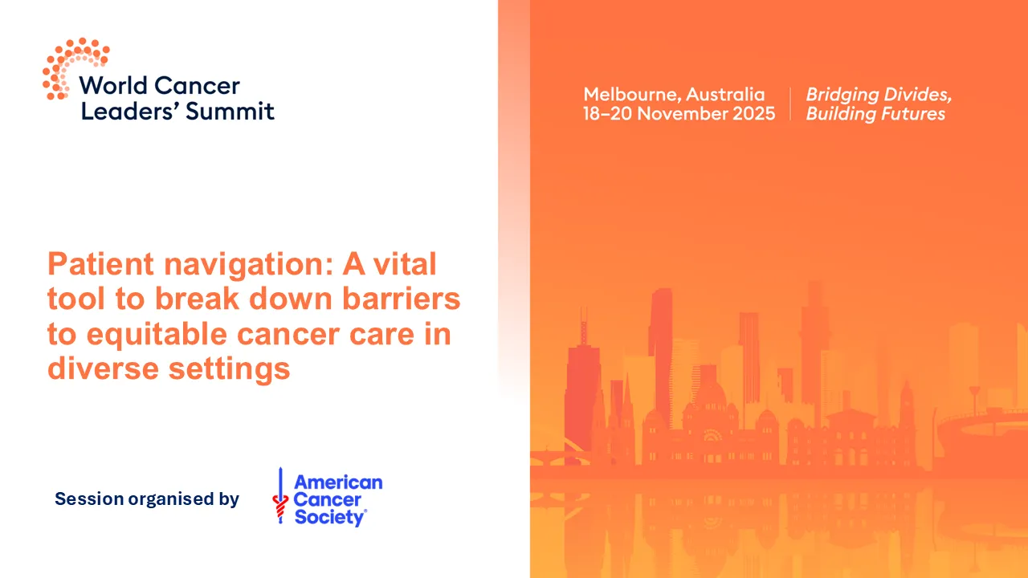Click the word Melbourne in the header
coord(630,95)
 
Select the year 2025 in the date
coord(753,114)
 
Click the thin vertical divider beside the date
coord(790,104)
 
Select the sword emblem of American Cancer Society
coord(280,496)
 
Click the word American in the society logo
coord(338,482)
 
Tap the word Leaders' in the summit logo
coord(129,110)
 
